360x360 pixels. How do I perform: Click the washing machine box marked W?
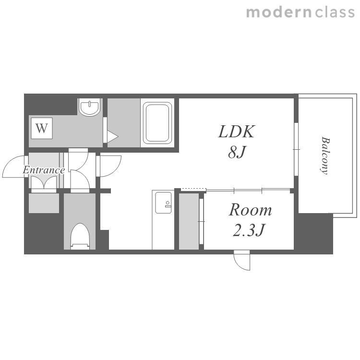(x=42, y=128)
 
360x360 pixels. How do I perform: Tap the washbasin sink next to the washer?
(x=90, y=107)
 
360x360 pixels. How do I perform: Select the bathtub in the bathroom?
(x=157, y=123)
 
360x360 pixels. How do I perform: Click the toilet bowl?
(x=80, y=236)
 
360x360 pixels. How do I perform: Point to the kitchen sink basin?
(x=163, y=203)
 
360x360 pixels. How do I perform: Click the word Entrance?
(x=44, y=170)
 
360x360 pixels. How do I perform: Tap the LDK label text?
(x=237, y=132)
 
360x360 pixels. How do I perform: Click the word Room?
(x=250, y=210)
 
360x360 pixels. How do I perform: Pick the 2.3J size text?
(x=249, y=230)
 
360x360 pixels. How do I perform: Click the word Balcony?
(x=325, y=156)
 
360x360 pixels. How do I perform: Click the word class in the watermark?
(x=335, y=12)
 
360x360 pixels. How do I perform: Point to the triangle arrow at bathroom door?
(x=112, y=137)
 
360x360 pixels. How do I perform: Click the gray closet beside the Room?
(x=189, y=221)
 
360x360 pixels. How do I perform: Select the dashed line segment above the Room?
(x=193, y=190)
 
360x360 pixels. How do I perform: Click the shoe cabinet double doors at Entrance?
(x=44, y=182)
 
